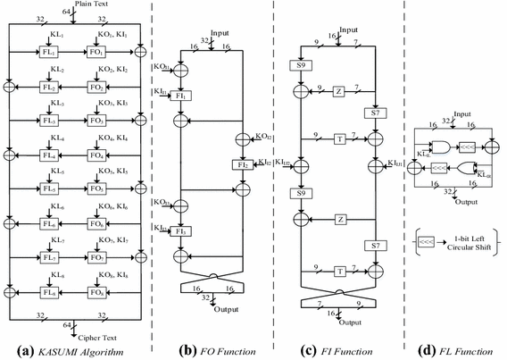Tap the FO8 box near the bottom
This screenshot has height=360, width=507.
point(96,291)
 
